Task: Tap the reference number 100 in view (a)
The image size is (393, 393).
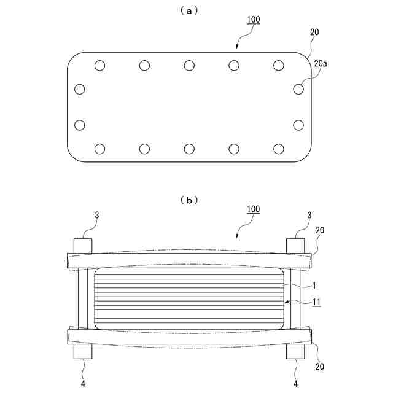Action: [253, 20]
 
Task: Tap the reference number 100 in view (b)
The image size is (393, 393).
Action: [253, 209]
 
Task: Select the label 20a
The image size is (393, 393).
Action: [321, 63]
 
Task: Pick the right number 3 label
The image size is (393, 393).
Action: [309, 216]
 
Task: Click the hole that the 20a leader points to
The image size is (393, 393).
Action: [298, 89]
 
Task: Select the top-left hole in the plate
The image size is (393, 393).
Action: [100, 65]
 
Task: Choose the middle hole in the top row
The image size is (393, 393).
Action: [189, 65]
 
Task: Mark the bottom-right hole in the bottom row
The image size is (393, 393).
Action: [279, 148]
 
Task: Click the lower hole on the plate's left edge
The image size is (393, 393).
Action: [79, 125]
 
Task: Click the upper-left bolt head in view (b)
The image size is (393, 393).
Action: [84, 245]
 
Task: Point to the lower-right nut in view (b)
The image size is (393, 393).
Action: [296, 352]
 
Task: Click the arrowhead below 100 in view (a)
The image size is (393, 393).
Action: [239, 45]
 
